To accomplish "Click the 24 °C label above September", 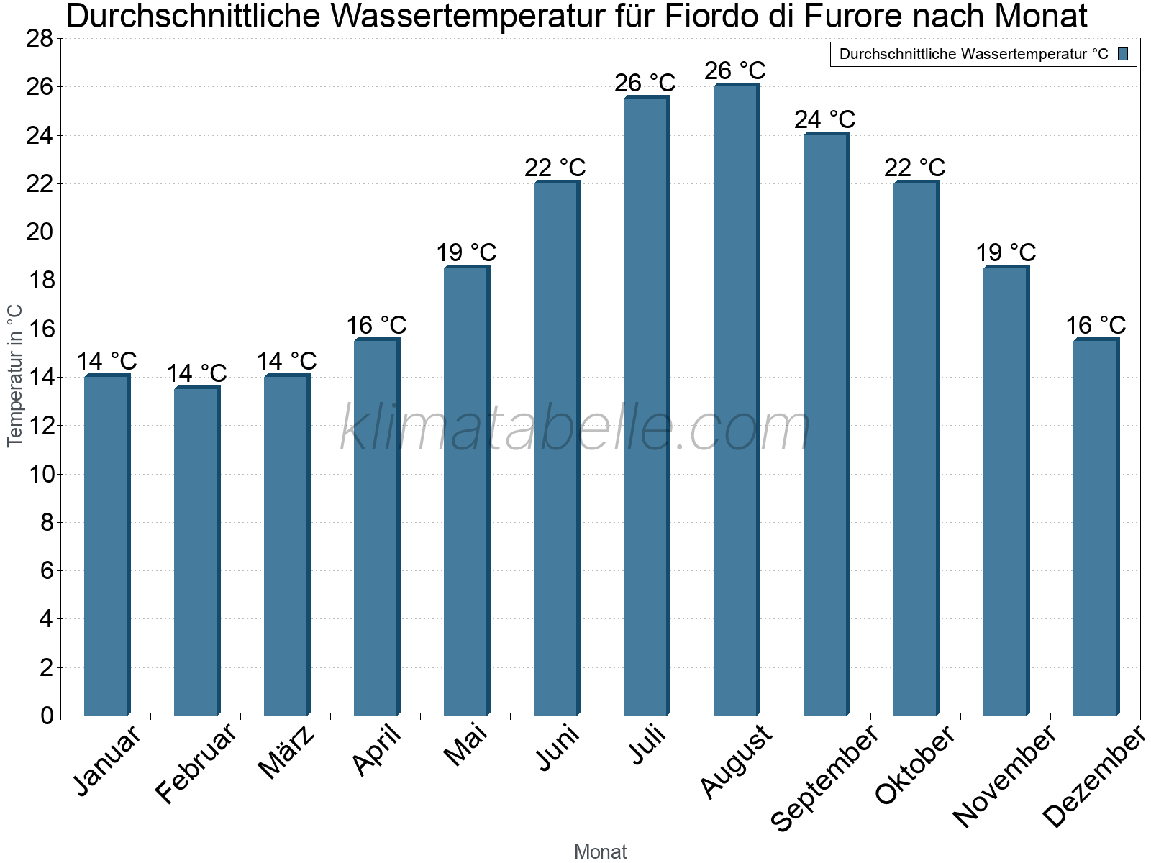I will point(824,119).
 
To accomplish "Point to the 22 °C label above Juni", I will point(555,168).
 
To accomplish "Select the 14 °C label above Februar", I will point(196,373).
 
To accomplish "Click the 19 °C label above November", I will point(1005,252).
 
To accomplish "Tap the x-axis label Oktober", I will point(915,765).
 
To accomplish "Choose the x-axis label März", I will point(287,753).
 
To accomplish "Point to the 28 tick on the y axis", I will point(40,39).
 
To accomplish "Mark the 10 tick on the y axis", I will point(40,474).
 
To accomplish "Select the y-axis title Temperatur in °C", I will point(15,375).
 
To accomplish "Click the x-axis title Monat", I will point(600,851).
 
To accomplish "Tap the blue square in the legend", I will point(1123,54).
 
